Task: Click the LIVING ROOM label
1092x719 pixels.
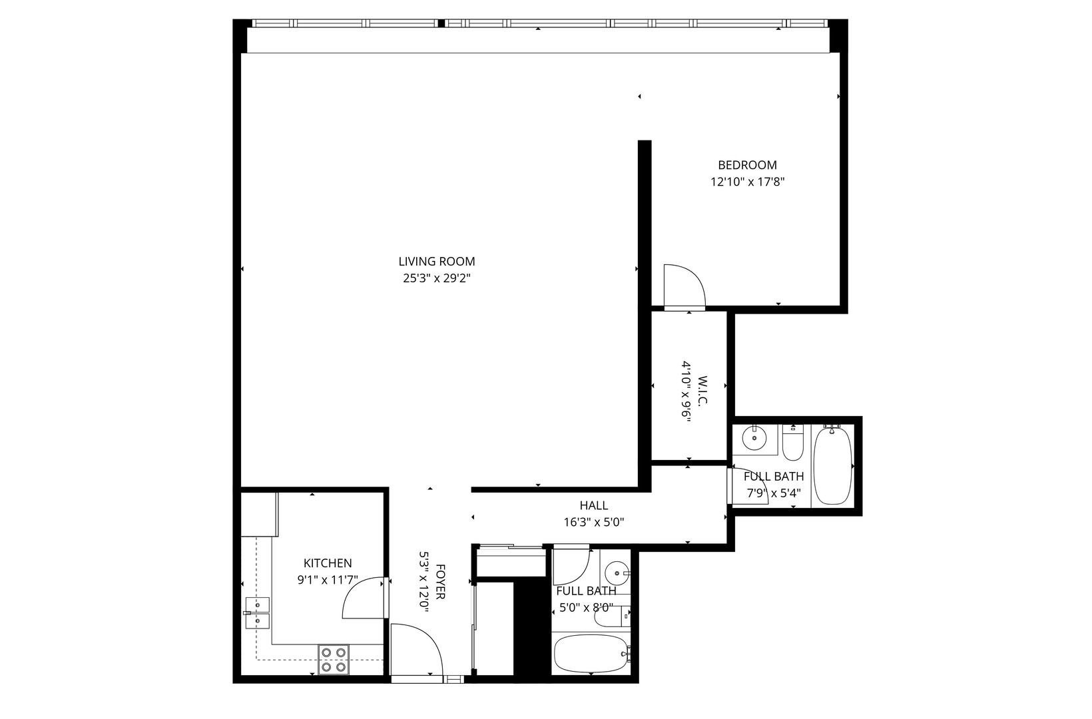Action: click(x=437, y=262)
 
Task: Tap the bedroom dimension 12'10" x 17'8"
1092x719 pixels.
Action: click(x=747, y=182)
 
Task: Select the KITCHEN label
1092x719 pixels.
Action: click(x=328, y=563)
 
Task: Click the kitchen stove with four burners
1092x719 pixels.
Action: click(x=334, y=659)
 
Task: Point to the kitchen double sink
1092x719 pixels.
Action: click(x=256, y=613)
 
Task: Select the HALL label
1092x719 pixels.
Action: click(x=593, y=506)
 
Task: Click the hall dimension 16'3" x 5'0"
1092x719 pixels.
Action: click(x=593, y=523)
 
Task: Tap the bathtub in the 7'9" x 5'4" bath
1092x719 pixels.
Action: click(x=832, y=466)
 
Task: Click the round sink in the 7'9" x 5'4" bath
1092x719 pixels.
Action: click(x=754, y=437)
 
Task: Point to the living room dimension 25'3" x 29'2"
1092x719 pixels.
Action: click(x=437, y=279)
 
